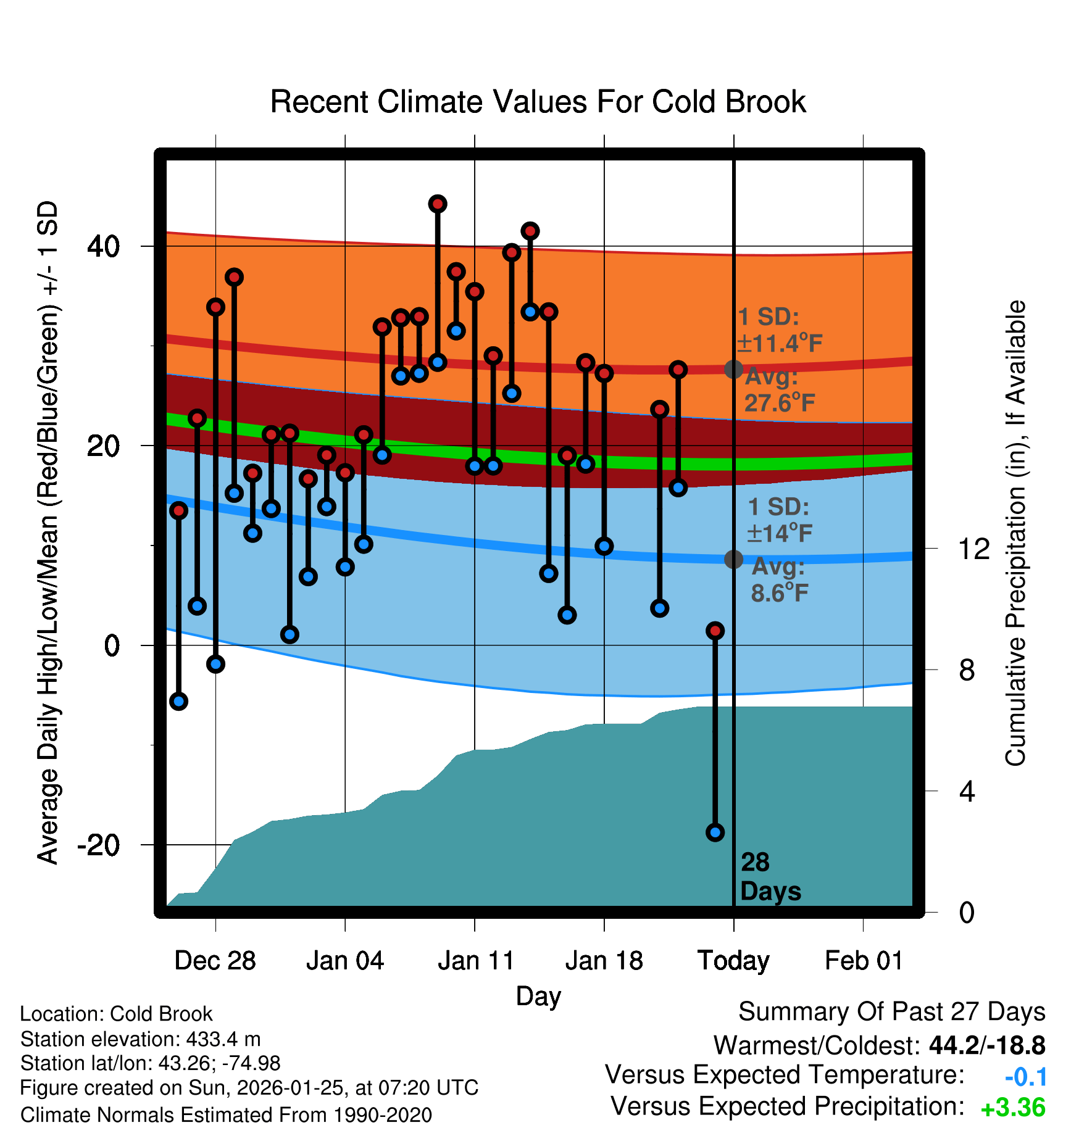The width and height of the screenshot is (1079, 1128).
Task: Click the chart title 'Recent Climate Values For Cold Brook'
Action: click(x=538, y=102)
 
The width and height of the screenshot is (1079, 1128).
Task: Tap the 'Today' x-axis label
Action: click(x=733, y=961)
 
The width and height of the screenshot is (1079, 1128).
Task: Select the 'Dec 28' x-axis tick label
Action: click(x=215, y=961)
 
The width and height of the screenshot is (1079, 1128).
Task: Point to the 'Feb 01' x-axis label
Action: click(x=864, y=961)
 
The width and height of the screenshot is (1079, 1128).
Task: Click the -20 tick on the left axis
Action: click(x=99, y=845)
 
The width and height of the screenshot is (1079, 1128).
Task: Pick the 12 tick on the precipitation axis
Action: click(x=973, y=549)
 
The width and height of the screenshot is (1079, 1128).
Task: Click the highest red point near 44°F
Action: click(x=438, y=204)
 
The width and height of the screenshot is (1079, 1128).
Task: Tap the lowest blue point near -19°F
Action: click(x=715, y=832)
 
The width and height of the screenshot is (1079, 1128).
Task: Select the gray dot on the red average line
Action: click(x=733, y=369)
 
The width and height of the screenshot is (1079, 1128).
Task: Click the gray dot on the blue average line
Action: click(x=733, y=559)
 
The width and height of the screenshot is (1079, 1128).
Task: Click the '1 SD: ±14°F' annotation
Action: click(x=779, y=520)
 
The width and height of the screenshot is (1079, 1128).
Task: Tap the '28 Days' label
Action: click(x=770, y=877)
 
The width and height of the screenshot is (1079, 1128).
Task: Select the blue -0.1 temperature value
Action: click(x=1025, y=1077)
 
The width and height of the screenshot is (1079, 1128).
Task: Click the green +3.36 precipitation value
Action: click(x=1013, y=1108)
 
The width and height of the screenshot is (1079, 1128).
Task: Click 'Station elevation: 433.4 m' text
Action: click(x=140, y=1039)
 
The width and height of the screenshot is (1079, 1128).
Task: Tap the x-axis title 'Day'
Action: click(x=538, y=996)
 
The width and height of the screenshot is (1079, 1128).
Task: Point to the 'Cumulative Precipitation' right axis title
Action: click(x=1015, y=533)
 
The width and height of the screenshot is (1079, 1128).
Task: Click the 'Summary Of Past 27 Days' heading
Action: click(x=891, y=1012)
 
